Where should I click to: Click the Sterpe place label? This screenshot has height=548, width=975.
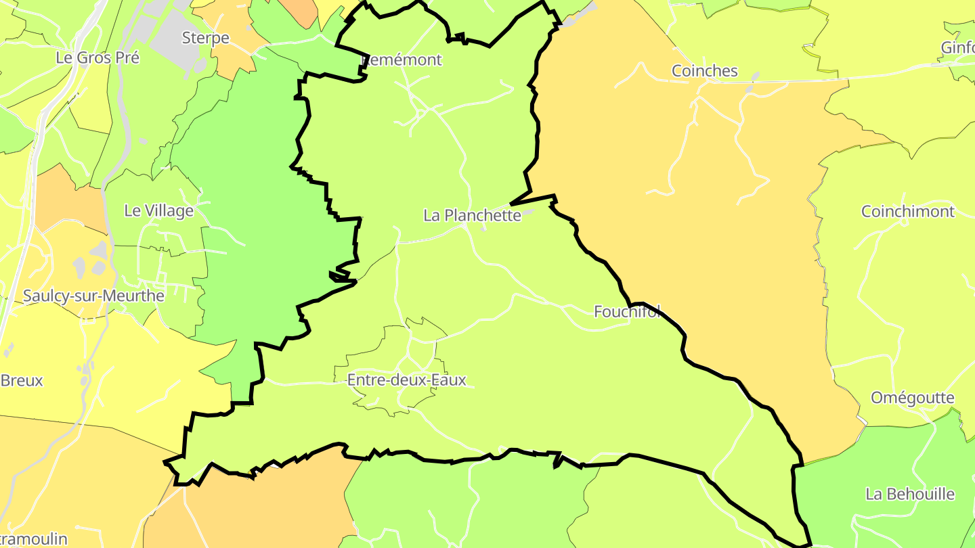(x=206, y=38)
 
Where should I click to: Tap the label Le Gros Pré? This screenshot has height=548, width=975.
(x=97, y=58)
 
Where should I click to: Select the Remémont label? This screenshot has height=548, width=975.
(x=404, y=60)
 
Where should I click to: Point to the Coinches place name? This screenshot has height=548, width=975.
(x=704, y=71)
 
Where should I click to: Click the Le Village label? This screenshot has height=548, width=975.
(x=158, y=210)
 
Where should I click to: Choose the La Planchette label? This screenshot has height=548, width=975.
(x=472, y=215)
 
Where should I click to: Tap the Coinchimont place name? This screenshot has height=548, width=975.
(x=907, y=211)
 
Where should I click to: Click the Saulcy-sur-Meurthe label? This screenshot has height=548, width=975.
(x=93, y=296)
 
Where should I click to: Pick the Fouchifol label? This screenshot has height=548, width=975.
(x=627, y=311)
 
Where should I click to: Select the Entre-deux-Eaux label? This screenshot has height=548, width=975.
(x=406, y=380)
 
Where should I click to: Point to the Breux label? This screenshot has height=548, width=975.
(x=22, y=380)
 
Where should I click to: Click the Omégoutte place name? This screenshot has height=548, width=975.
(x=912, y=397)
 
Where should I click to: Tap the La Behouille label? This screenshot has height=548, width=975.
(x=909, y=494)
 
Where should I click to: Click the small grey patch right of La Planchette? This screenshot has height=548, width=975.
(x=527, y=213)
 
